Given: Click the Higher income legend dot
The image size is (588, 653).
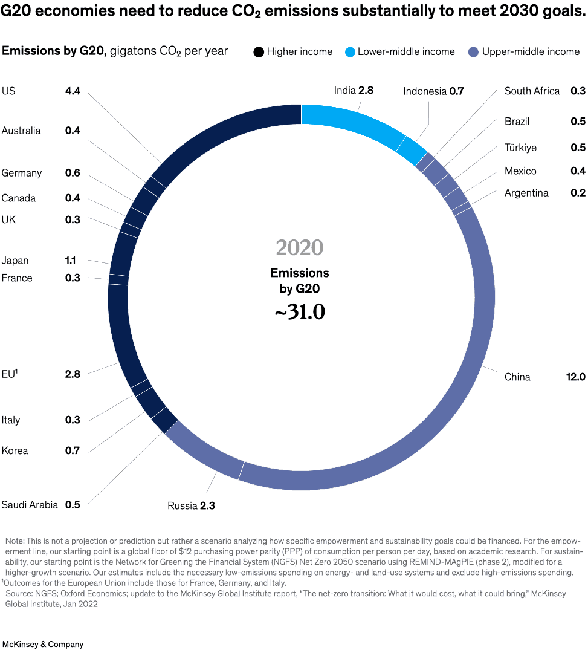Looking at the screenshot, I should coord(259,52).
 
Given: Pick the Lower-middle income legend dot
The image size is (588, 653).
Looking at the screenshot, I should coord(350,52).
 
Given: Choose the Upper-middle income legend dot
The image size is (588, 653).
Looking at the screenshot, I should coord(474,52).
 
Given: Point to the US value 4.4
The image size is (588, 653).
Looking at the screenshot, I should coord(73,91).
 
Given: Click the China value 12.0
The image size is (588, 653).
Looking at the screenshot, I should coord(575,377).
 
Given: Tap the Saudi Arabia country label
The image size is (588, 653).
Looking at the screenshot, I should coord(30,505).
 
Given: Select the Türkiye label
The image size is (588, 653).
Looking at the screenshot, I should coord(520,148).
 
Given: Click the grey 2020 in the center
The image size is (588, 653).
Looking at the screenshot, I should coord(300,248).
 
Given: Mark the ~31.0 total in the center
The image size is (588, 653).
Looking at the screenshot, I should coord(300,312).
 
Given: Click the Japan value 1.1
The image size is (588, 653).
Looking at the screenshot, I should coord(71,261).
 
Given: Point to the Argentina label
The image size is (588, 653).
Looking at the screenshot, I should coord(526,193).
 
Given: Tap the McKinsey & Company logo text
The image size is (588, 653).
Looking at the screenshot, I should coord(42,644).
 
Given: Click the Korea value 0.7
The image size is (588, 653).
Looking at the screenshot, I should coord(73,451).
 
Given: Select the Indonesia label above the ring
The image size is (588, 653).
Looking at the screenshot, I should coord(425,91).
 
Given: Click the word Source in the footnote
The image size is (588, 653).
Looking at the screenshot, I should coord(19,594).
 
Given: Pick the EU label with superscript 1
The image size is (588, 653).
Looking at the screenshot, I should coord(10,374).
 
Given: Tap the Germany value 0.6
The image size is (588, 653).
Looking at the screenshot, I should coord(73,173).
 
